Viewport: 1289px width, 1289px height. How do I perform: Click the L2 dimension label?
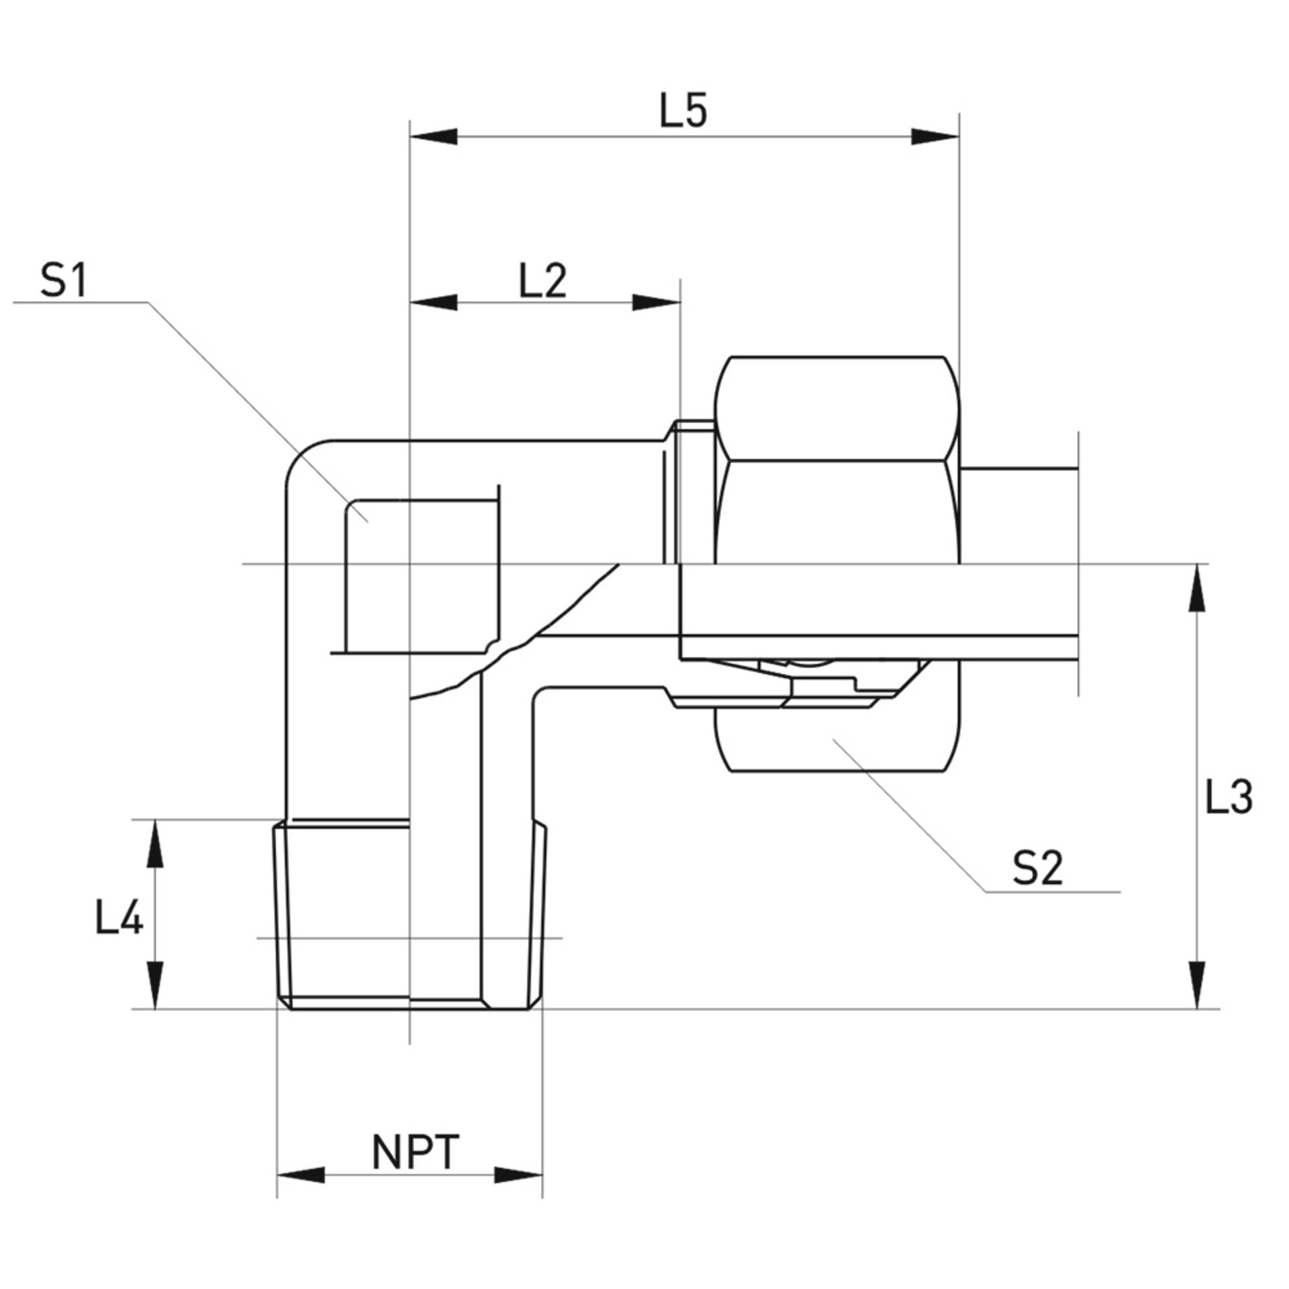(x=543, y=281)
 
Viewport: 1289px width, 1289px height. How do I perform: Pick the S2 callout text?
(x=1039, y=869)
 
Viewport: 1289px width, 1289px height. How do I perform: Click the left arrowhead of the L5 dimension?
(x=433, y=137)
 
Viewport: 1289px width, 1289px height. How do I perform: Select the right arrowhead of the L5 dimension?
(x=935, y=137)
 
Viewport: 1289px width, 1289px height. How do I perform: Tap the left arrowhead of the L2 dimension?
(x=433, y=303)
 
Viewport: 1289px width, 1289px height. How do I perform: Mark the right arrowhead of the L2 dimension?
(x=657, y=303)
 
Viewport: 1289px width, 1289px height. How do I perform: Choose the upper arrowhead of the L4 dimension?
(x=156, y=843)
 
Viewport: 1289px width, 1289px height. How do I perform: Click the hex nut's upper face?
(x=837, y=408)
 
